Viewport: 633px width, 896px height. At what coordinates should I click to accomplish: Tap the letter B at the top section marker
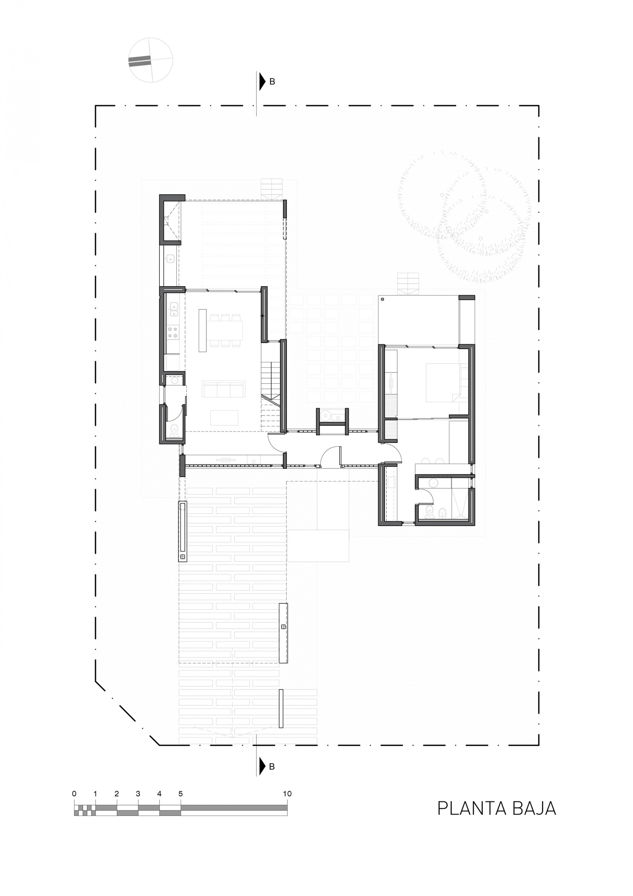[x=272, y=82]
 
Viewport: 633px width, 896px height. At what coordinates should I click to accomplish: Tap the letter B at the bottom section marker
[x=272, y=766]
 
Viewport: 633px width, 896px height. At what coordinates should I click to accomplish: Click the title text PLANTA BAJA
[x=497, y=808]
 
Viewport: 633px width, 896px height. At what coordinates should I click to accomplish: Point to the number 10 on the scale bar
[x=287, y=793]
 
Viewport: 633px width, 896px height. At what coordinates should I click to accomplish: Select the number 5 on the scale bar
[x=180, y=793]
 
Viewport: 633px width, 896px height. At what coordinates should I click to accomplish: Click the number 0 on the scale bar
[x=74, y=793]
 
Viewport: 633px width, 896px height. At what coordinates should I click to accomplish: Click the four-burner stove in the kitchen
[x=173, y=332]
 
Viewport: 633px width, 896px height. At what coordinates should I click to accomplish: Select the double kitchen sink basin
[x=173, y=309]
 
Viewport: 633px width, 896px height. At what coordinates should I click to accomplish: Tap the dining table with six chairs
[x=226, y=330]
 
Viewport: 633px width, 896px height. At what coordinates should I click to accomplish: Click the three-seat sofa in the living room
[x=224, y=389]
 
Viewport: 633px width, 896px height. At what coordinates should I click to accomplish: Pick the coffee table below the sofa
[x=224, y=418]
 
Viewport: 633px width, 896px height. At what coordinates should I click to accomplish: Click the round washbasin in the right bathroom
[x=433, y=483]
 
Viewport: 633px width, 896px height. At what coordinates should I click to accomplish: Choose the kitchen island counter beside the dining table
[x=202, y=330]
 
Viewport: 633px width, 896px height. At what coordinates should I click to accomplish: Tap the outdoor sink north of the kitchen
[x=170, y=258]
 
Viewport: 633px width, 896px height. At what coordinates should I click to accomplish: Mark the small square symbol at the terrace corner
[x=383, y=300]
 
